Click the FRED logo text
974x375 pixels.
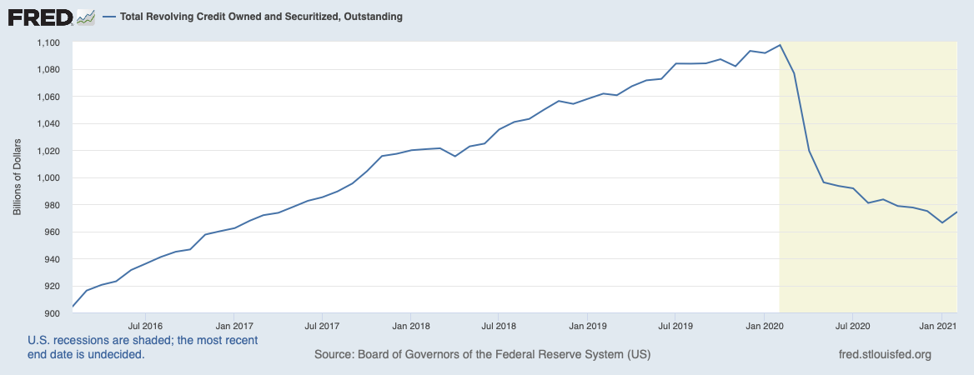click(39, 17)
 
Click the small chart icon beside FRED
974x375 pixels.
click(86, 17)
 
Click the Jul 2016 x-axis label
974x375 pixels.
click(145, 326)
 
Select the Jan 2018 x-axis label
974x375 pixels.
click(410, 326)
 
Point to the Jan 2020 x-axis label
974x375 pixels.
click(765, 326)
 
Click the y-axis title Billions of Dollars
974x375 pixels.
click(17, 178)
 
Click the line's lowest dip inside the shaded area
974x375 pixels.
click(942, 222)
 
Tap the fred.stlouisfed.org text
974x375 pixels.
click(884, 355)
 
